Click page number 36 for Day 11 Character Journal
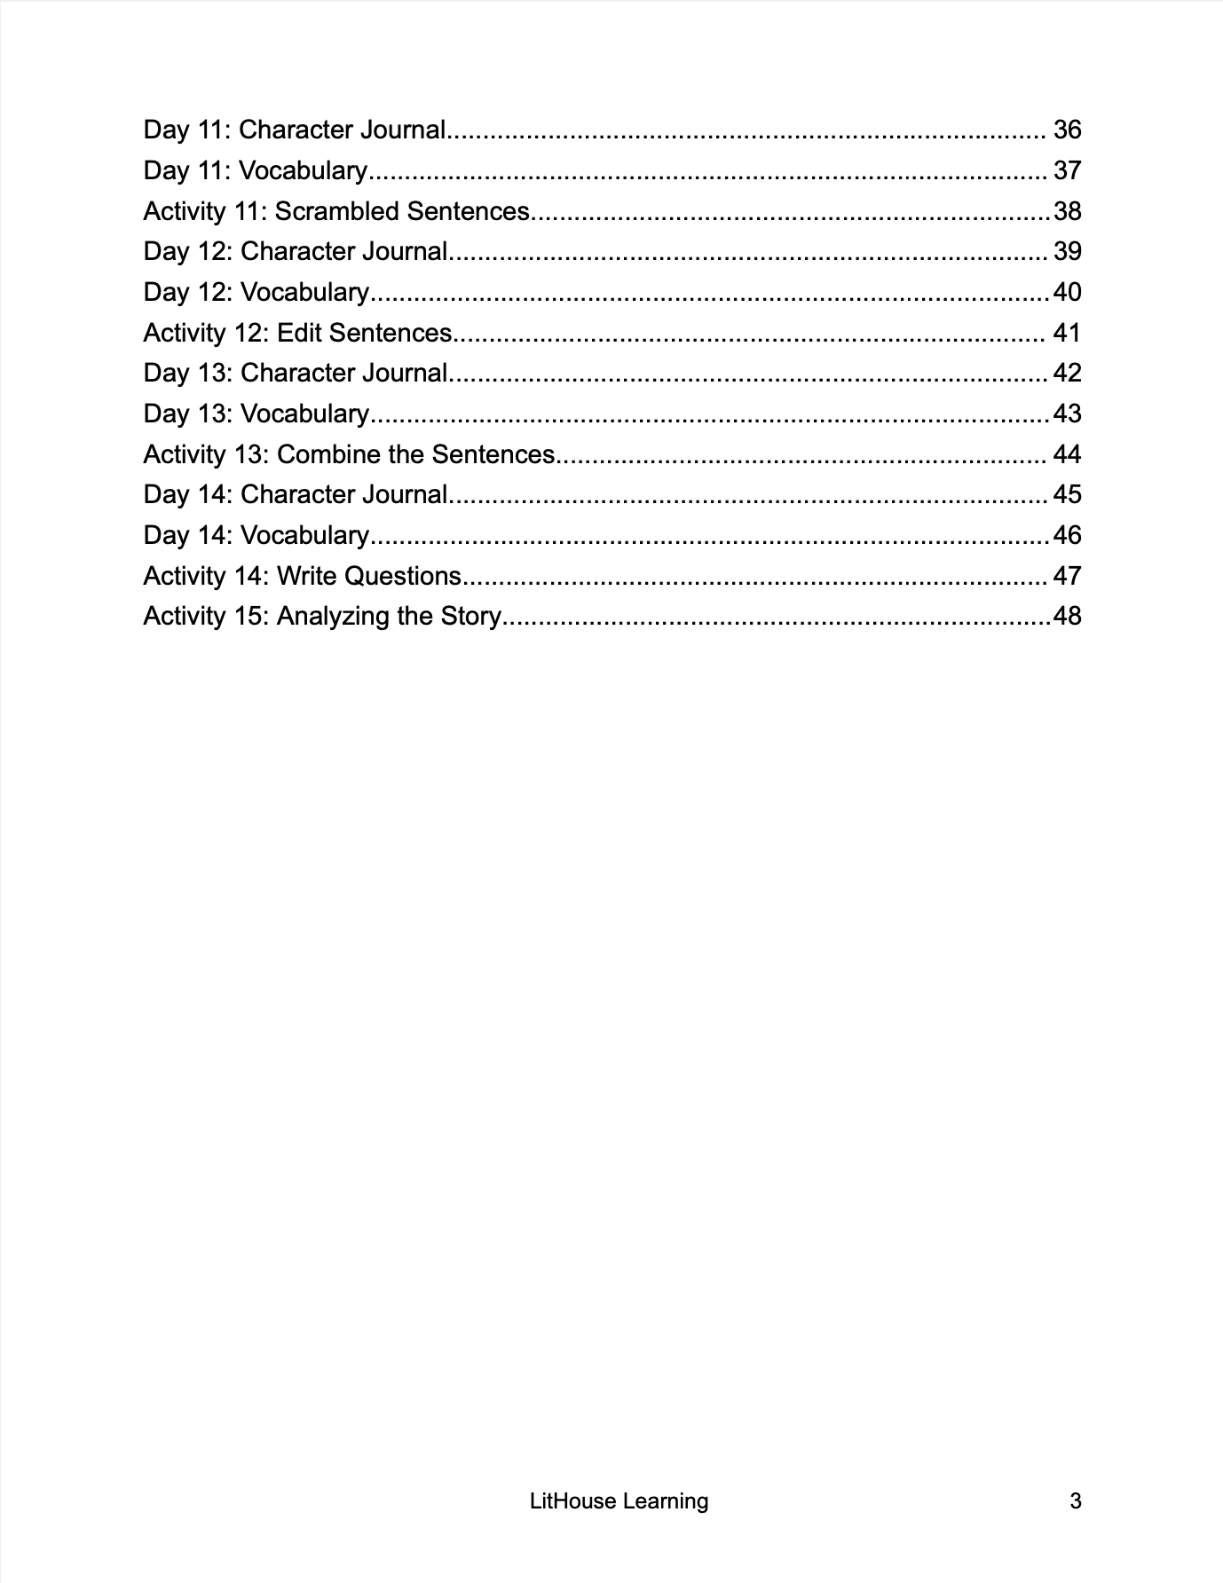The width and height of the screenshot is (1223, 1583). (1067, 130)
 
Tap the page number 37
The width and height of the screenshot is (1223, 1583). (1067, 171)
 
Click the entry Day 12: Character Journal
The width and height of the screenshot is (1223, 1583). (296, 252)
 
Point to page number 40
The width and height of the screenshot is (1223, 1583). (1067, 293)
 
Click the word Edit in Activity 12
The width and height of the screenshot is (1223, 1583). (299, 334)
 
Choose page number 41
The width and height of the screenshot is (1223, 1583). (1067, 334)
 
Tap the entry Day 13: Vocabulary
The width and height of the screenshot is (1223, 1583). (256, 414)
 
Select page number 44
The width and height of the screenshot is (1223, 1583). (1067, 455)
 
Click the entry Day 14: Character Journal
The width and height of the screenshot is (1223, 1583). (296, 495)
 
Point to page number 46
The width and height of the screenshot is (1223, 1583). (1067, 536)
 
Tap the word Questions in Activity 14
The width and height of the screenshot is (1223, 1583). (402, 577)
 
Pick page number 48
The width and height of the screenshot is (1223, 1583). (1067, 617)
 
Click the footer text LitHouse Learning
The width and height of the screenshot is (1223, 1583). (619, 1501)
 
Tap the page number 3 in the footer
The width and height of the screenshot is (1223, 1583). (1075, 1501)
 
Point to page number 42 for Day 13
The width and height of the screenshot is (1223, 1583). (1067, 374)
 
